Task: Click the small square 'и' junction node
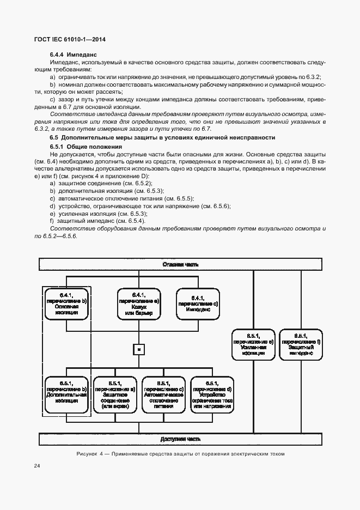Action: pyautogui.click(x=139, y=349)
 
